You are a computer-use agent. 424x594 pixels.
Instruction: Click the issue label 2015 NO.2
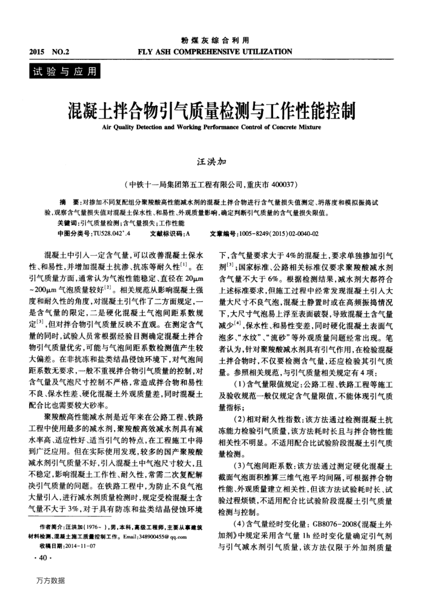point(49,52)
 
